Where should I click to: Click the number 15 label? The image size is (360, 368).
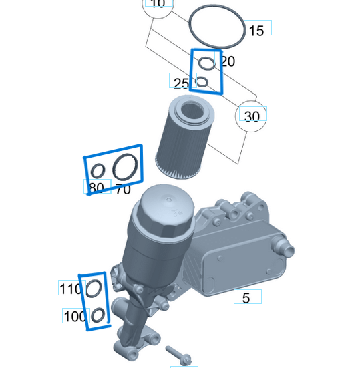[256, 30]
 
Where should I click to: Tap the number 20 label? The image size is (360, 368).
[228, 61]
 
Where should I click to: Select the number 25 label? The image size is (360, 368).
[181, 83]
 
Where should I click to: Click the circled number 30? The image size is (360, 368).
[251, 116]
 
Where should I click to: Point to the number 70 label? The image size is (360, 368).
[123, 189]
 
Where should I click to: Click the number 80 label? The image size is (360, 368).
[96, 188]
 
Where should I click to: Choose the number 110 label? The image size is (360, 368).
[70, 289]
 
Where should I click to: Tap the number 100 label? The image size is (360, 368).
[75, 315]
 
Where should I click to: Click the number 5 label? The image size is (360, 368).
[246, 298]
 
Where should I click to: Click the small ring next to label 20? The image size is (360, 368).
[208, 65]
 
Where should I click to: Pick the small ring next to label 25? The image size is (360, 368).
[202, 82]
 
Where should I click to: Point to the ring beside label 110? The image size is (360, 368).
[94, 289]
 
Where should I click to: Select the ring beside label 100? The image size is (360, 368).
[97, 315]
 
